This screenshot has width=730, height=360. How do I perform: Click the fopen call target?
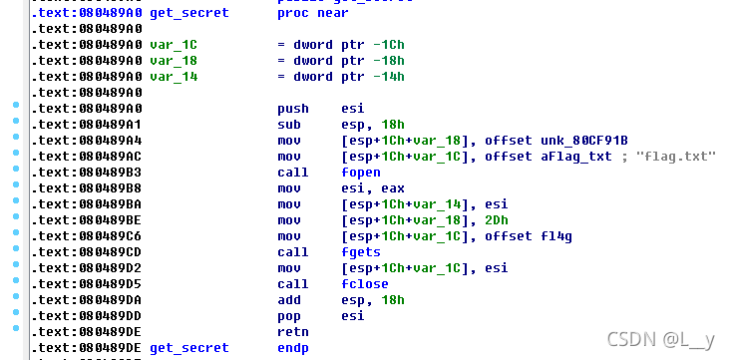360,173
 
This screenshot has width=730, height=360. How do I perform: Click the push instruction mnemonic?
293,108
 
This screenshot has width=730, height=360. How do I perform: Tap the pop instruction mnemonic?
289,315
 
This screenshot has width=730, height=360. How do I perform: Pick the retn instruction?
293,331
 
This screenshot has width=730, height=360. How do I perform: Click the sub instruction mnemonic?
289,124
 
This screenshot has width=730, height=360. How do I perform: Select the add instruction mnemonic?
289,299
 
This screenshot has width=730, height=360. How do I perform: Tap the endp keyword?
293,347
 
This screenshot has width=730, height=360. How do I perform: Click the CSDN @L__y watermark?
667,340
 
